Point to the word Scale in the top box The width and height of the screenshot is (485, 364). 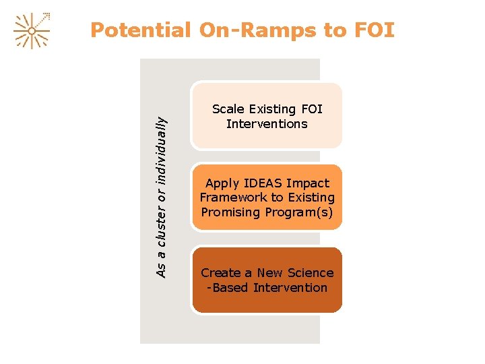227,109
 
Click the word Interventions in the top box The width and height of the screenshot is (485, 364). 267,124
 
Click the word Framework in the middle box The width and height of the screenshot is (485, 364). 233,198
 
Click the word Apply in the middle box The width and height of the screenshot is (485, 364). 222,183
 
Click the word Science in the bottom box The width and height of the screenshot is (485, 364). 310,273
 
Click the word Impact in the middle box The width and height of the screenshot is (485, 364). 309,183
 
